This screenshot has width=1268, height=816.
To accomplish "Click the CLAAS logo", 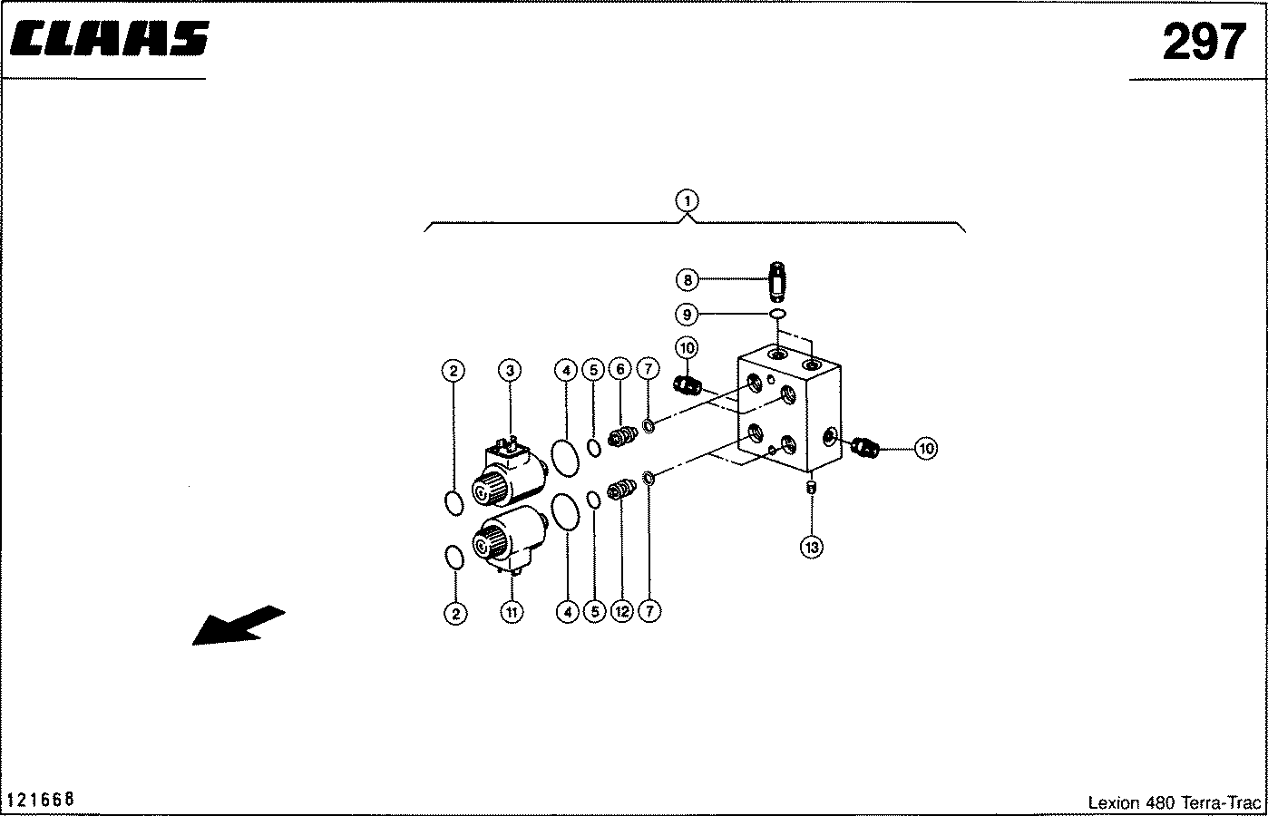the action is coord(109,38).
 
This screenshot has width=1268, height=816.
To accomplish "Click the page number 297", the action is coord(1204,42).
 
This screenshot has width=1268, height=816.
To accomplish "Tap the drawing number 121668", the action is coord(40,799).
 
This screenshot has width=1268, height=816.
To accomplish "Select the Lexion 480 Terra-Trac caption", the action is coord(1174,802).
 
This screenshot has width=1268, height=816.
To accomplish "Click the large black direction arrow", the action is coord(238,626).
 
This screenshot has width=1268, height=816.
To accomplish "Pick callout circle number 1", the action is coord(688,201).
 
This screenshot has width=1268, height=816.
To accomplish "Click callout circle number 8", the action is coord(688,279).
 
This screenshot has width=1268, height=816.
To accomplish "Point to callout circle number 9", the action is coord(687,314).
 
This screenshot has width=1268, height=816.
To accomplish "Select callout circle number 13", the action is coord(812,548).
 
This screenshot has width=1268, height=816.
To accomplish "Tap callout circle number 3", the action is coord(510,371).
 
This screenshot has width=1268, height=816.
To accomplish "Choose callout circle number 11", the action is coord(512,612).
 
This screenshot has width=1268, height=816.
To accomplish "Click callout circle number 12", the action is coord(621,611).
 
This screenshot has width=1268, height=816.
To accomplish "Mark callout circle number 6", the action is coord(619,370).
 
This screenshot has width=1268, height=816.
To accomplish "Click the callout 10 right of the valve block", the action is coord(926,449).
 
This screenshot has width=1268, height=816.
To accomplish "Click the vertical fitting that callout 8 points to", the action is coord(778,282).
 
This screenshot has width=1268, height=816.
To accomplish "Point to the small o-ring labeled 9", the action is coord(777,314).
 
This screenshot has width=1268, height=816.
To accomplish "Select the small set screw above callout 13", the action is coord(811,487).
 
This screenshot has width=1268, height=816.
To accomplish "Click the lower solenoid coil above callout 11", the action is coord(510,539).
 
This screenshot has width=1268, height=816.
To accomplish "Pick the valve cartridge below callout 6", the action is coord(622,437).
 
